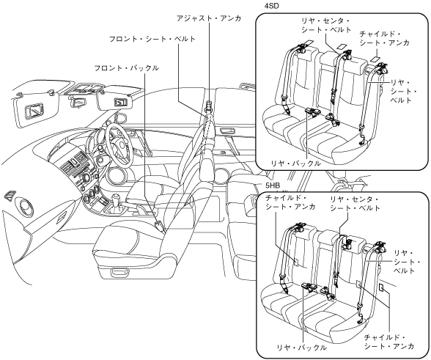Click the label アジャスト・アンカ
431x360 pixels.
pyautogui.click(x=209, y=18)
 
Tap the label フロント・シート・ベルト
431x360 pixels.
pyautogui.click(x=152, y=39)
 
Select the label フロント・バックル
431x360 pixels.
pyautogui.click(x=126, y=68)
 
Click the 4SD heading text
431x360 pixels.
pyautogui.click(x=271, y=6)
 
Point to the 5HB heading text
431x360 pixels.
pyautogui.click(x=273, y=186)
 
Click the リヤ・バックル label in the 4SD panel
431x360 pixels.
pyautogui.click(x=295, y=164)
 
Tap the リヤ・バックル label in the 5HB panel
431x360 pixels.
pyautogui.click(x=302, y=348)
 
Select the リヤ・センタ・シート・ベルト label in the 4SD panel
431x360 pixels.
pyautogui.click(x=326, y=26)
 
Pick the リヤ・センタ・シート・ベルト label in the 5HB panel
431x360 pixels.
pyautogui.click(x=355, y=204)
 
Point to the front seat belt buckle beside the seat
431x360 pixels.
pyautogui.click(x=160, y=226)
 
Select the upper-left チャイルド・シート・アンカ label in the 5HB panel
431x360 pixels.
pyautogui.click(x=290, y=202)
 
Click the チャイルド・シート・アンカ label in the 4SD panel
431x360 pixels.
pyautogui.click(x=384, y=39)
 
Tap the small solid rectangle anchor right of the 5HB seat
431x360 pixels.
pyautogui.click(x=381, y=287)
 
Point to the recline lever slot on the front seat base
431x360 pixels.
pyautogui.click(x=120, y=272)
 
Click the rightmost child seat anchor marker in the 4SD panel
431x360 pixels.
pyautogui.click(x=375, y=59)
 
